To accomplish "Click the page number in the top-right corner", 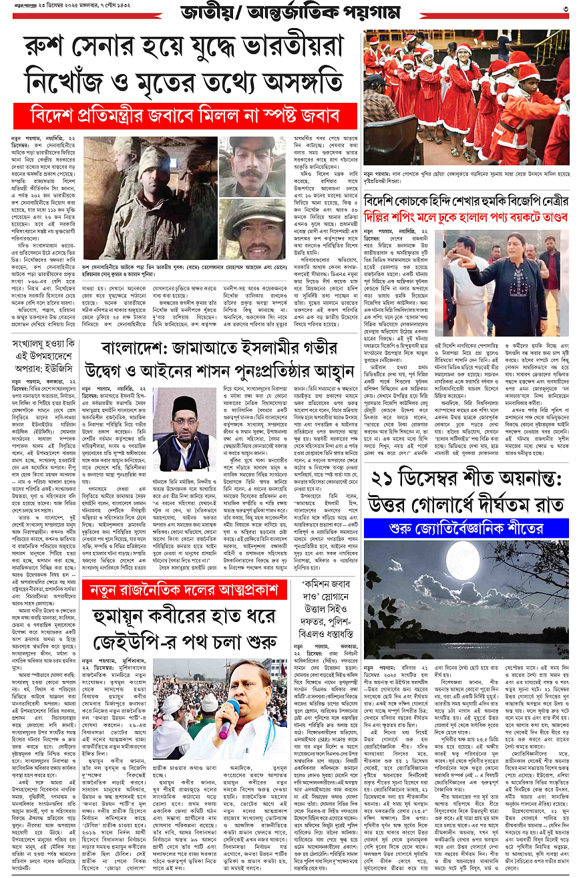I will [x=565, y=9].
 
